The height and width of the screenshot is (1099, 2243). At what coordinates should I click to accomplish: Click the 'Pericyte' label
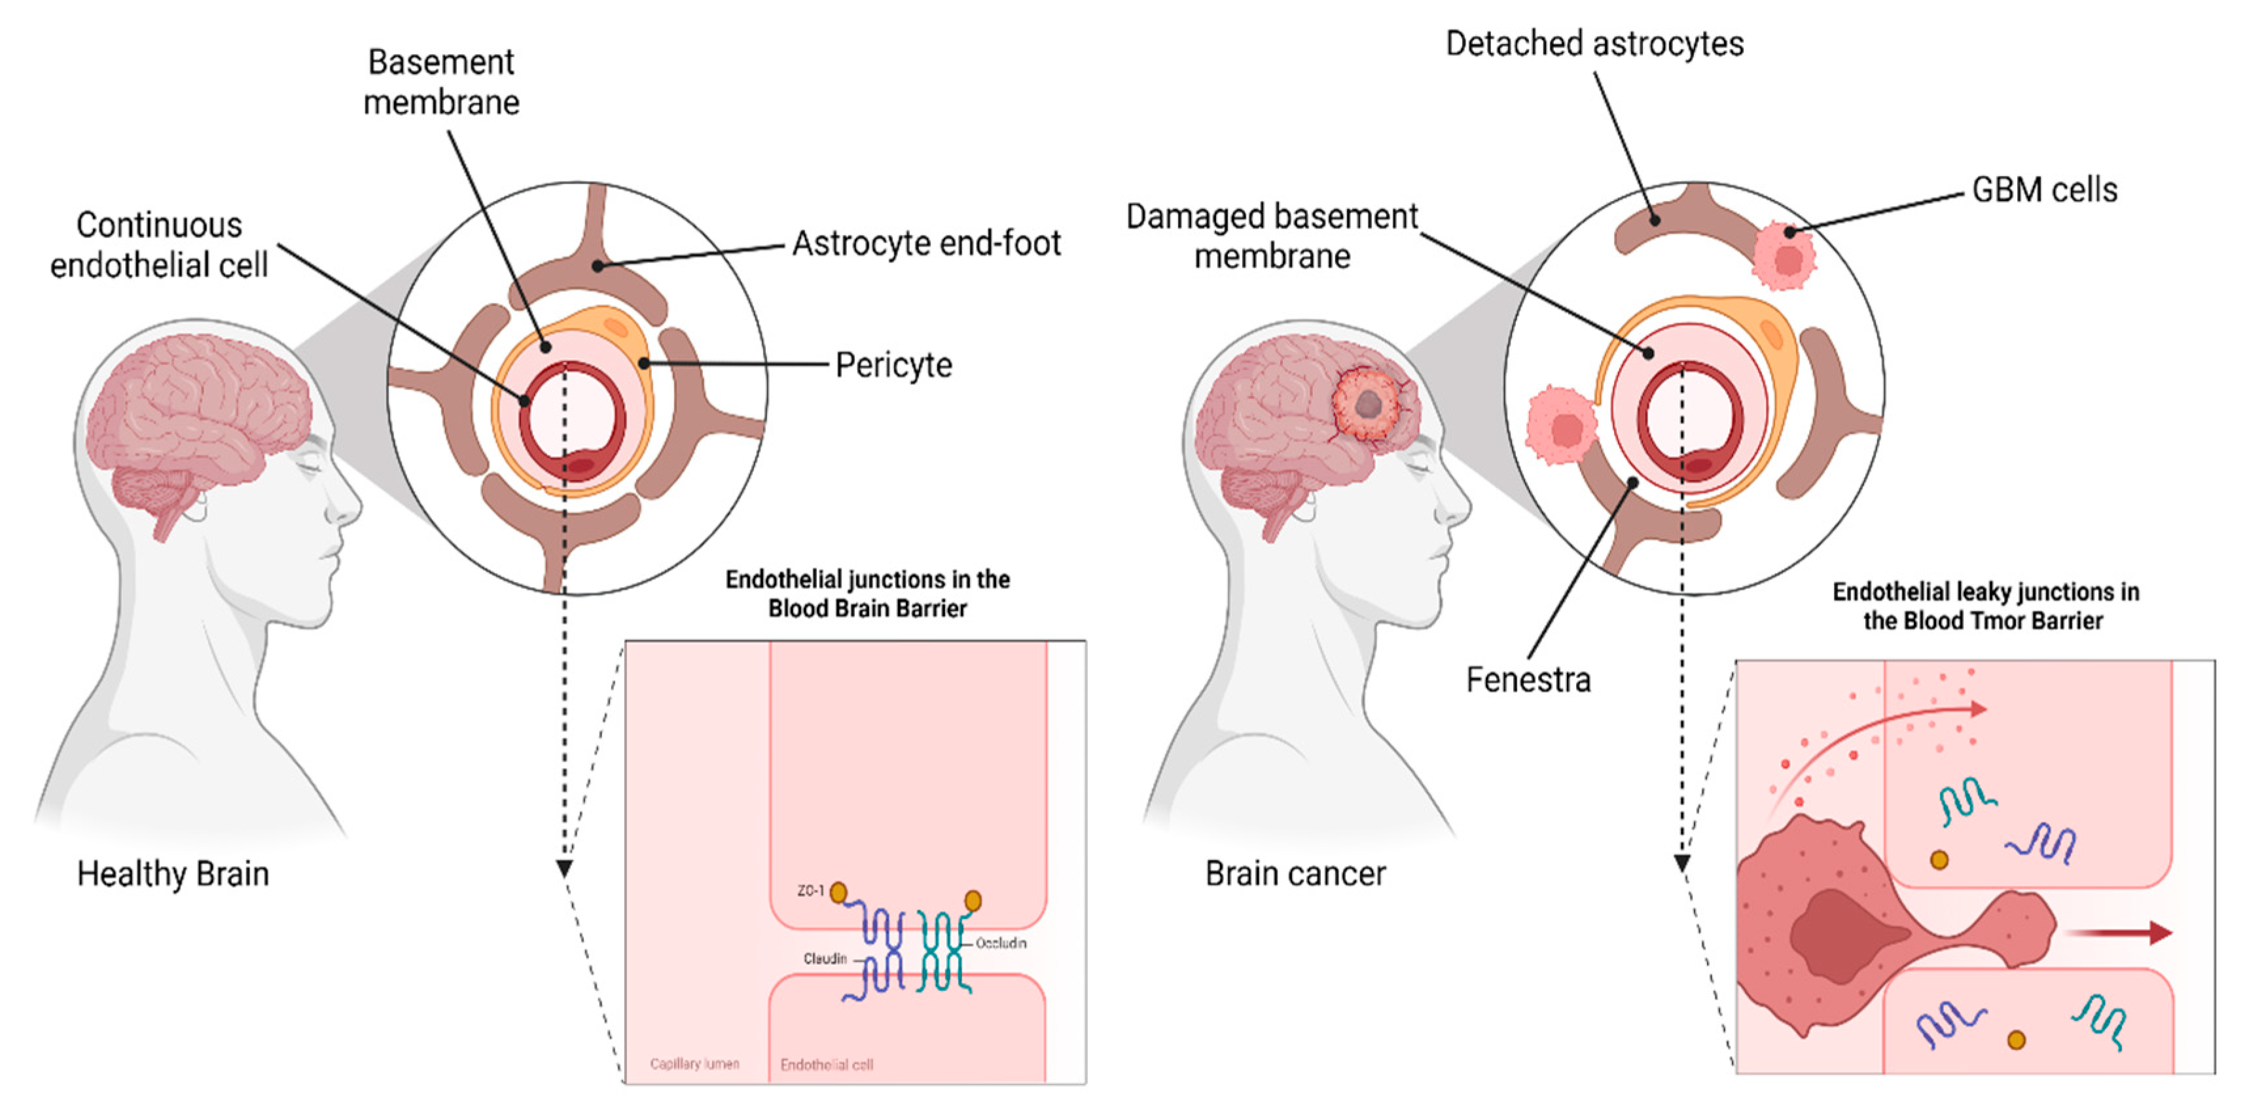[893, 365]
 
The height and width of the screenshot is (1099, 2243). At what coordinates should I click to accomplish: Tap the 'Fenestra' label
[1528, 680]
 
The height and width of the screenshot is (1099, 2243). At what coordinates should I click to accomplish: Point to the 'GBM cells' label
[2043, 190]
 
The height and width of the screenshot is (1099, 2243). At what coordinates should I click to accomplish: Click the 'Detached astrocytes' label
[1594, 44]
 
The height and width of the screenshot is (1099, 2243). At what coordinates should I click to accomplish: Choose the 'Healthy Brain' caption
[172, 873]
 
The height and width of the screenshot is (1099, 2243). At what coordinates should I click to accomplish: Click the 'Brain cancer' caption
[1295, 873]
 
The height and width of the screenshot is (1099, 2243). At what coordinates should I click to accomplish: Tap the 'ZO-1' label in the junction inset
[810, 891]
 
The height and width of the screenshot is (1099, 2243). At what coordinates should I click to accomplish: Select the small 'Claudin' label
[825, 959]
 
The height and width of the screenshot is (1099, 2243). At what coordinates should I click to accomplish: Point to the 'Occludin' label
[1001, 943]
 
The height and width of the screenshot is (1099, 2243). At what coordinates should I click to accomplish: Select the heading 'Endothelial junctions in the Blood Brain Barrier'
[867, 594]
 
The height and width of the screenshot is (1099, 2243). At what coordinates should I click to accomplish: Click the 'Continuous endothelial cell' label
[158, 245]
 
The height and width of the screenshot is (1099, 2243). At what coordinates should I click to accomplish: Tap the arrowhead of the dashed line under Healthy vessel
[564, 868]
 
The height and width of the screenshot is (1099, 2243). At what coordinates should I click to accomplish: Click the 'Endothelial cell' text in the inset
[827, 1064]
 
